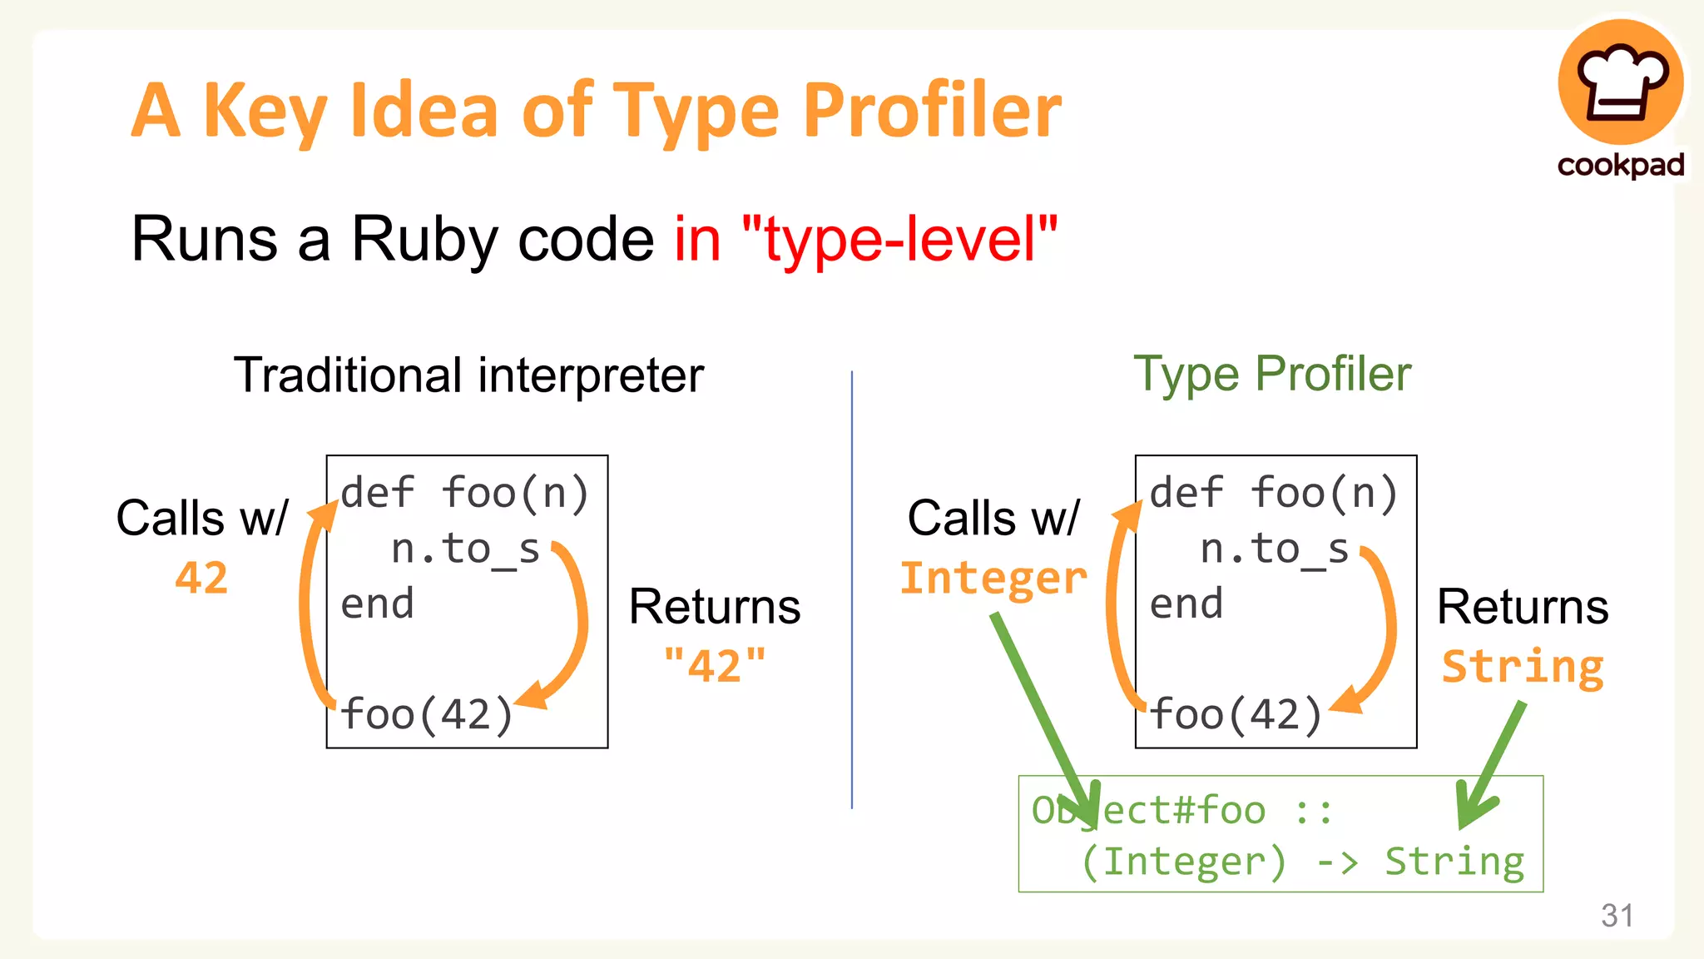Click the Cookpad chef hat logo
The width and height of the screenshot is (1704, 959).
(x=1620, y=83)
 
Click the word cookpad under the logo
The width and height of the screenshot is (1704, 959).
(x=1620, y=165)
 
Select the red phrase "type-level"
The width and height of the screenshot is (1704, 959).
(x=899, y=239)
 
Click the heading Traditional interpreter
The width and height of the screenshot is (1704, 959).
(x=468, y=375)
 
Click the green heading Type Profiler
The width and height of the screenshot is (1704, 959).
(x=1272, y=374)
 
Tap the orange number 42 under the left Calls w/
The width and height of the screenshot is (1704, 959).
(x=201, y=577)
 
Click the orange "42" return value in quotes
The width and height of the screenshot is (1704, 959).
(x=715, y=665)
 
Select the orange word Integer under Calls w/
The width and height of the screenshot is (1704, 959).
(x=993, y=578)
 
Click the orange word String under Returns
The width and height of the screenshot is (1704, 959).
(x=1523, y=666)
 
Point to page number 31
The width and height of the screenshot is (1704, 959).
(x=1617, y=916)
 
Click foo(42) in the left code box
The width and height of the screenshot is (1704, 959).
(x=427, y=714)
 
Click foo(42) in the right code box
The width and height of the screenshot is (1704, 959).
(x=1236, y=714)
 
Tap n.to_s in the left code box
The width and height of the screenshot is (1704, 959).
(x=465, y=549)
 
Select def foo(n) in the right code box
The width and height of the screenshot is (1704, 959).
(x=1273, y=492)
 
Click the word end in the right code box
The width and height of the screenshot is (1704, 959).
(x=1186, y=604)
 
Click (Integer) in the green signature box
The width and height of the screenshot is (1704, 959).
(x=1184, y=862)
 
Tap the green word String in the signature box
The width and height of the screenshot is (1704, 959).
(x=1454, y=862)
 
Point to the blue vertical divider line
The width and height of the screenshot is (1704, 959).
(x=852, y=583)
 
